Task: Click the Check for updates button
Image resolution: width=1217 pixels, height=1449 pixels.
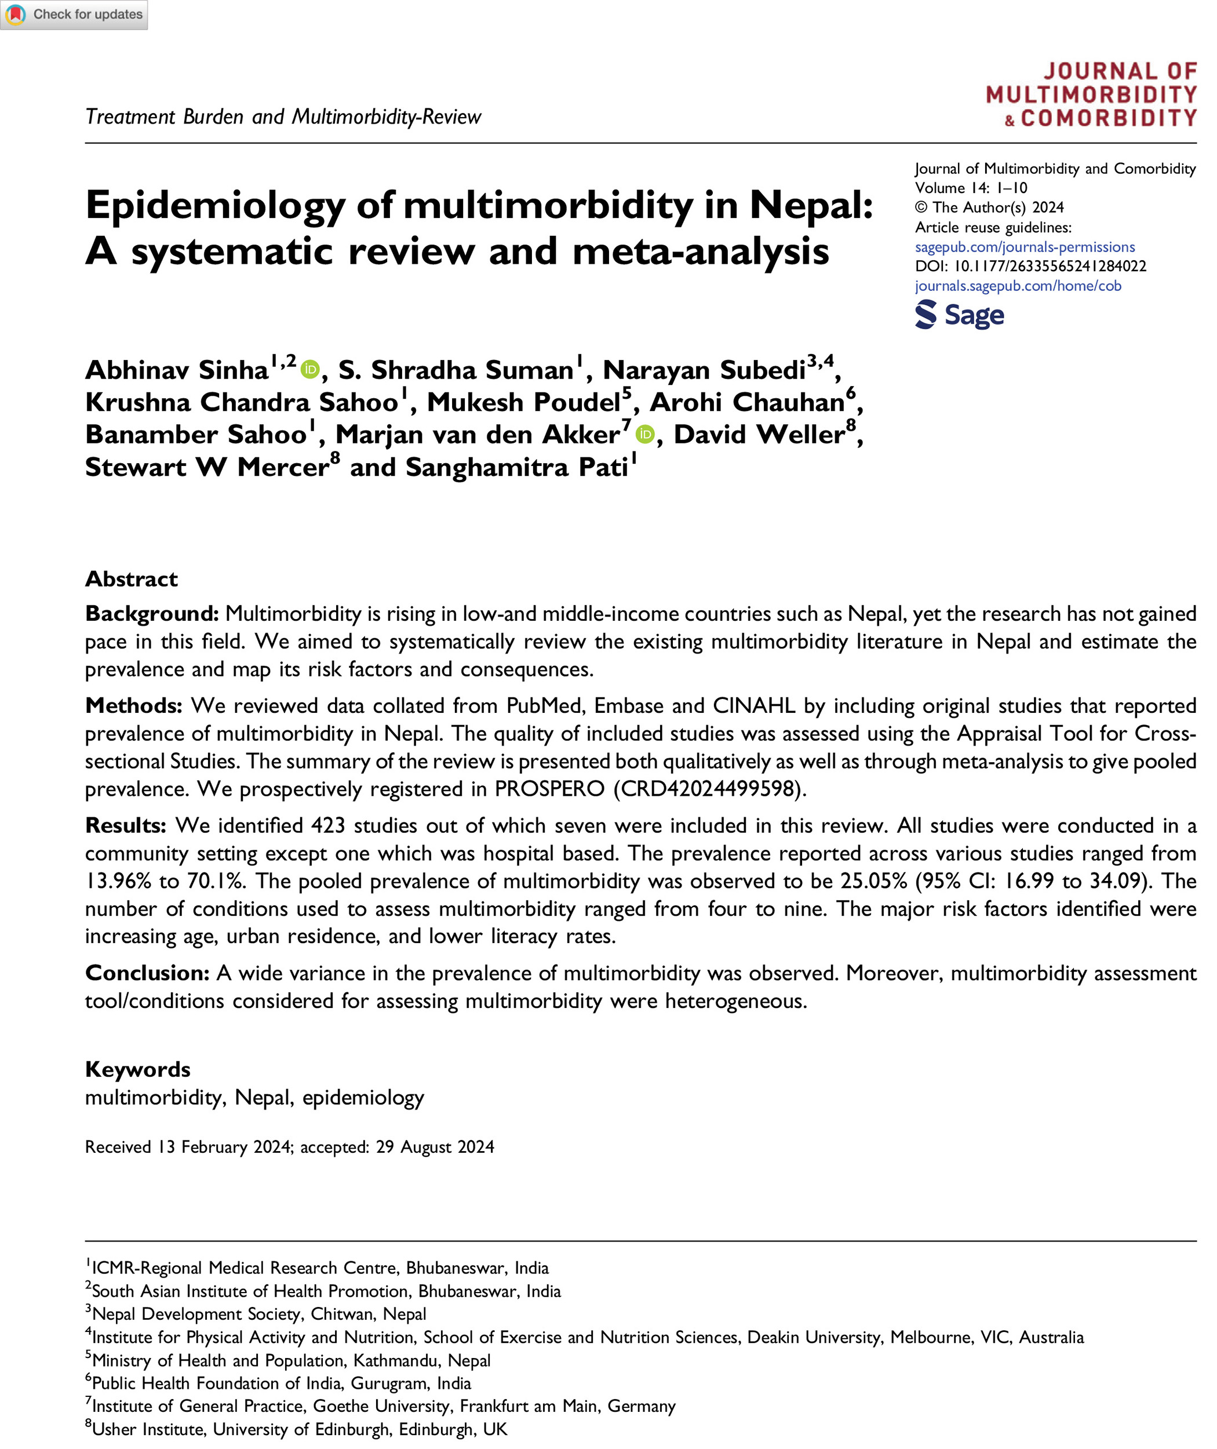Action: (x=74, y=14)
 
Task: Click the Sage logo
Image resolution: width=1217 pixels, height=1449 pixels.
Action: (x=959, y=315)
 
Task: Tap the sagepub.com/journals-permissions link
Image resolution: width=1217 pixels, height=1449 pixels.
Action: (x=1025, y=247)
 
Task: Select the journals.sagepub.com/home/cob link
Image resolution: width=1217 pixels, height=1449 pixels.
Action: (x=1018, y=286)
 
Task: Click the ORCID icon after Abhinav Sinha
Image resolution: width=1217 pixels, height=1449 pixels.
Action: (x=311, y=370)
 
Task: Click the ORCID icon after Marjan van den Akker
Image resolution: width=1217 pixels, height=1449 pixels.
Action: (x=645, y=435)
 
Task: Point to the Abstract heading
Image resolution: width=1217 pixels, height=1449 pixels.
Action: (x=131, y=579)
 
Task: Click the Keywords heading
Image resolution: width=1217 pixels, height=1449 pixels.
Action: (x=137, y=1069)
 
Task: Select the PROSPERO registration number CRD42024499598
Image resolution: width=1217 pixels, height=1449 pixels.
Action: (x=709, y=789)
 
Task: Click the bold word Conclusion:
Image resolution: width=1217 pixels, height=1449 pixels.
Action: (x=147, y=973)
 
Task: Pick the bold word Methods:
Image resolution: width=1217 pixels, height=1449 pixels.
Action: (x=133, y=706)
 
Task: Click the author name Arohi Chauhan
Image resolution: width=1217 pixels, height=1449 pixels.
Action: (x=747, y=402)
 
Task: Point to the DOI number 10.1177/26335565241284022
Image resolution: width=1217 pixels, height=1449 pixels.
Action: (x=1050, y=267)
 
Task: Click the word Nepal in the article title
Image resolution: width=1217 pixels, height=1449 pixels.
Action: (x=811, y=205)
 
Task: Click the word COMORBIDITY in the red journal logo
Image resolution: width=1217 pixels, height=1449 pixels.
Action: (x=1109, y=119)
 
